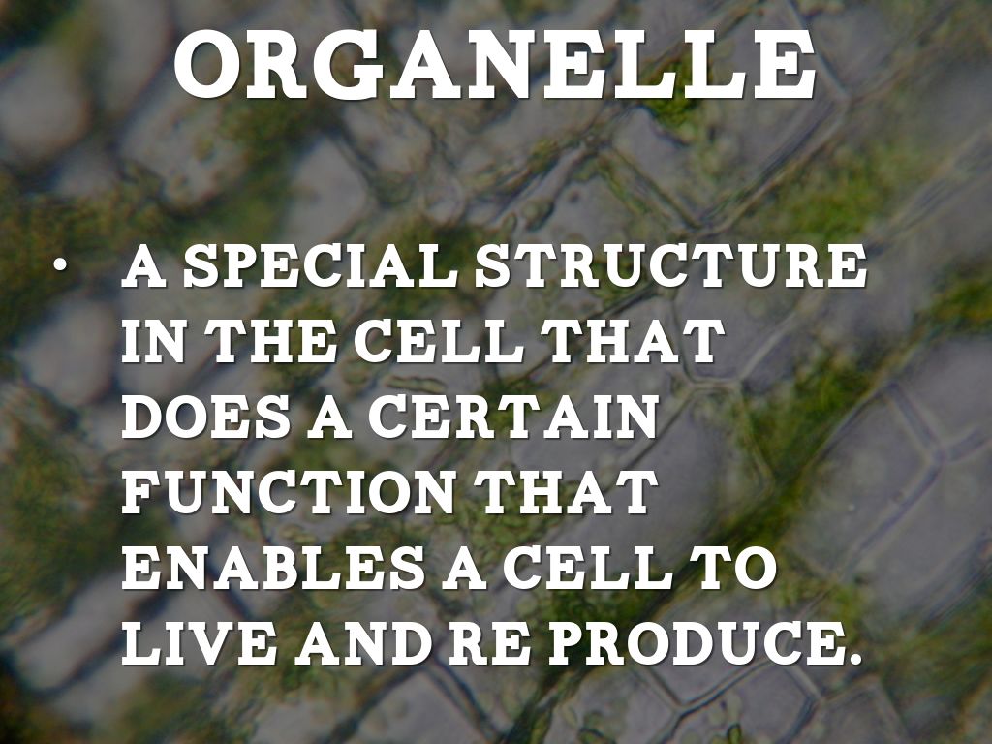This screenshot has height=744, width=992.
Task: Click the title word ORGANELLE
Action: pyautogui.click(x=495, y=65)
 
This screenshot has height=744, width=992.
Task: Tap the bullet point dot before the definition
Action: pyautogui.click(x=59, y=265)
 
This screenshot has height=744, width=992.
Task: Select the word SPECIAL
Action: pyautogui.click(x=325, y=265)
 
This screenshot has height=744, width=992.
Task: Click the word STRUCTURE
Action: pyautogui.click(x=670, y=265)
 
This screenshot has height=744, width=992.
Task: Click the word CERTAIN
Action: pyautogui.click(x=512, y=418)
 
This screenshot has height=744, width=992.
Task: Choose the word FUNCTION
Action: pyautogui.click(x=288, y=493)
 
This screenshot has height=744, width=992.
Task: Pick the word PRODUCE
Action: pyautogui.click(x=695, y=644)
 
